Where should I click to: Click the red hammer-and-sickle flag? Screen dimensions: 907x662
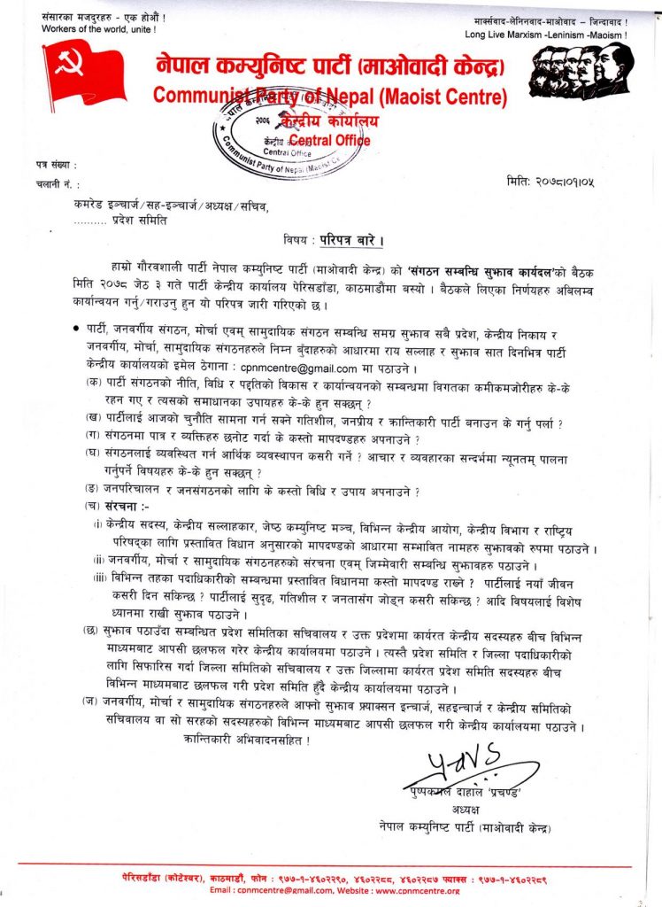click(84, 73)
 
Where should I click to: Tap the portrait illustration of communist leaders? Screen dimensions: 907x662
click(581, 70)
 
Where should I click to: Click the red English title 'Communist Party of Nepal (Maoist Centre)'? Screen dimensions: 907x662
click(327, 95)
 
